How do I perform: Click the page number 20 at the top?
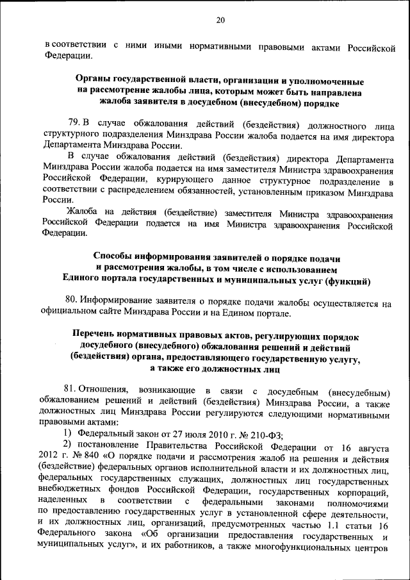220,21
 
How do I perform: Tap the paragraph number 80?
74,303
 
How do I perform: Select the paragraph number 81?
72,390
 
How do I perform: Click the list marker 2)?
67,445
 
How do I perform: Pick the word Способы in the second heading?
115,258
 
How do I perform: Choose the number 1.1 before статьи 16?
327,527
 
